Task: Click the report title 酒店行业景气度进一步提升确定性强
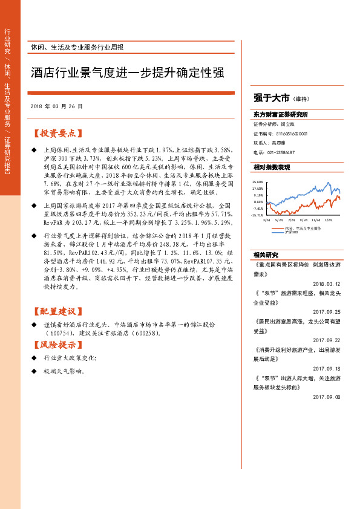(x=128, y=74)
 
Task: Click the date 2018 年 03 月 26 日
(x=56, y=106)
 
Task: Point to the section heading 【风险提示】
(x=57, y=345)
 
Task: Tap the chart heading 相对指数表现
(x=272, y=167)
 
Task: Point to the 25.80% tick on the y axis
(x=258, y=181)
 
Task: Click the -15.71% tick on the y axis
(x=258, y=215)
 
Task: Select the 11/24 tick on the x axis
(x=318, y=220)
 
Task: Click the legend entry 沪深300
(x=292, y=233)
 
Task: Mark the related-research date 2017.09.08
(x=327, y=397)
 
